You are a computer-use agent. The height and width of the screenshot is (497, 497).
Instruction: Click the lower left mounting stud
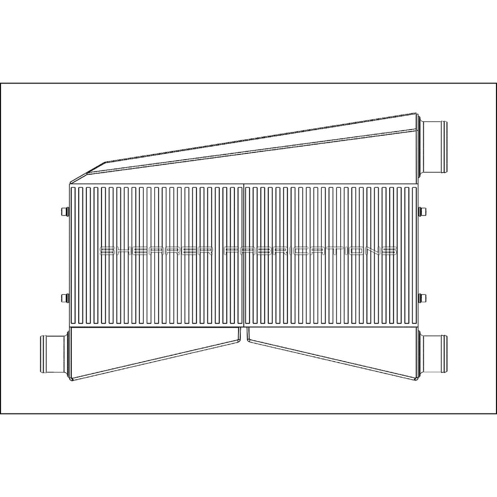point(64,297)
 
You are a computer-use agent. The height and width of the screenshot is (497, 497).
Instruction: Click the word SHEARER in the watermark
point(155,251)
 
